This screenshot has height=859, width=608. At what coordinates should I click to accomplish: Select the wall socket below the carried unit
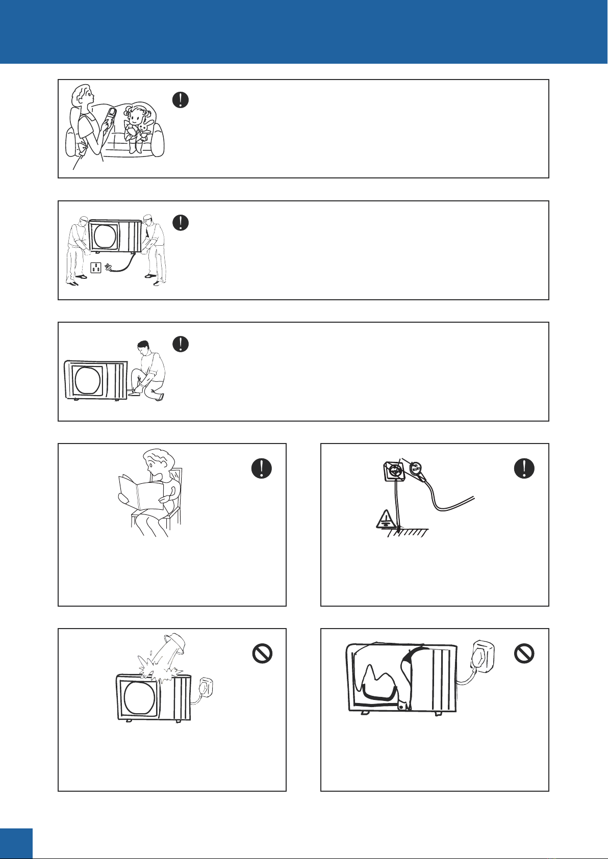coord(96,267)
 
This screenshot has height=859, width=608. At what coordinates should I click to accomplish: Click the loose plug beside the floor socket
coord(108,267)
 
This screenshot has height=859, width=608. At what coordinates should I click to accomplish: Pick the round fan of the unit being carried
coord(105,237)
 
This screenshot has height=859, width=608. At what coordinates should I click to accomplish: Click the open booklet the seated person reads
coord(140,491)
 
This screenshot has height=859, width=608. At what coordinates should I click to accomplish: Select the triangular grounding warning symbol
coord(384,518)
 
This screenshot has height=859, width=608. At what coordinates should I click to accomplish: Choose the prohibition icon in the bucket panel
coord(262,653)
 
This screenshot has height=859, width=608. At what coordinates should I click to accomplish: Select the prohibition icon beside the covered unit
coord(524,653)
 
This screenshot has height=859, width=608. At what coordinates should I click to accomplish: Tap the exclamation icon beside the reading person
coord(262,468)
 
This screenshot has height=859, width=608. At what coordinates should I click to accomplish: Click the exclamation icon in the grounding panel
coord(524,468)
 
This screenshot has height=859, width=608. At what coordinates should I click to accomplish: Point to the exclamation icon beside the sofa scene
coord(181,99)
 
